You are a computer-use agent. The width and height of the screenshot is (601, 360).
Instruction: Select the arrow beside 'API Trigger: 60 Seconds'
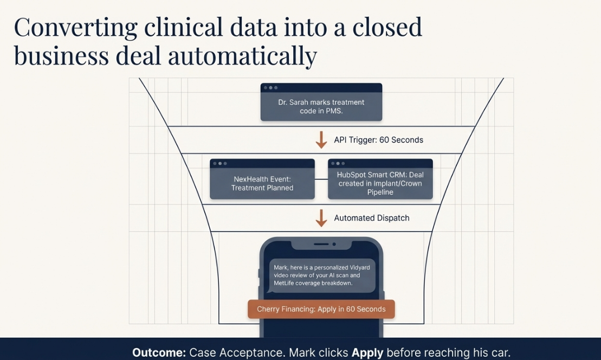coord(321,140)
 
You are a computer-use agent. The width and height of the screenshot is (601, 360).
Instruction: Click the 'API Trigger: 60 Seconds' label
coord(378,140)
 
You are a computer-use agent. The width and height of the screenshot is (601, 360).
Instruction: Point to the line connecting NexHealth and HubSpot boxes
coord(321,179)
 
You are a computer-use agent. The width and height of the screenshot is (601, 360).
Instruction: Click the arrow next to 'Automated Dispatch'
coord(321,218)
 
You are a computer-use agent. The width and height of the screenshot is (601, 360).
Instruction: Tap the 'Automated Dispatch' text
coord(372,218)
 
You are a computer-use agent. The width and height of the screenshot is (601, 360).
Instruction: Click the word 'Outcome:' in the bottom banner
coord(159,352)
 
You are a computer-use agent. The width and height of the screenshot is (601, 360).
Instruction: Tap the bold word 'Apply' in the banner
coord(367,352)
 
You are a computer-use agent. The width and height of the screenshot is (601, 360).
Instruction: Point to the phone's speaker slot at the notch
coord(321,244)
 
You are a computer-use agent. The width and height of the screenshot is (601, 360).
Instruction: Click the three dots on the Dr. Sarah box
coord(270,88)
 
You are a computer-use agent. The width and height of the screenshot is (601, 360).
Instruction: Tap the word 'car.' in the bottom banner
coord(499,352)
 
